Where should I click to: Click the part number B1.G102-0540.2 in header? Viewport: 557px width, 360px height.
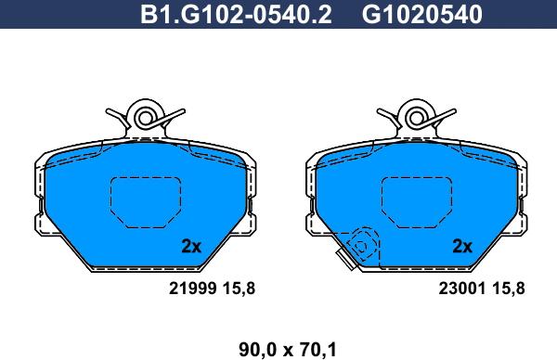[x=236, y=15]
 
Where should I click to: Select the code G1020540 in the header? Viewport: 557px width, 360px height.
[x=421, y=15]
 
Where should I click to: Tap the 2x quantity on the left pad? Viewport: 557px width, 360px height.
[x=191, y=246]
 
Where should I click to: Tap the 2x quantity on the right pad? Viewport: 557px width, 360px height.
[x=462, y=246]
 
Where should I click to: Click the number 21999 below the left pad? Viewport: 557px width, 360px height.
[x=192, y=289]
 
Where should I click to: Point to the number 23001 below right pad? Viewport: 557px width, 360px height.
[x=461, y=289]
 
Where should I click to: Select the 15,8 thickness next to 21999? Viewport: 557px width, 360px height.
[x=239, y=289]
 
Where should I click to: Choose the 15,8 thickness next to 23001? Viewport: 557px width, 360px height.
[x=509, y=289]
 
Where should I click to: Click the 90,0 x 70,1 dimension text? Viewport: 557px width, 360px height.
[x=288, y=350]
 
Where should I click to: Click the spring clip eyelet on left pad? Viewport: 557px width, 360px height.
[x=146, y=118]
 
